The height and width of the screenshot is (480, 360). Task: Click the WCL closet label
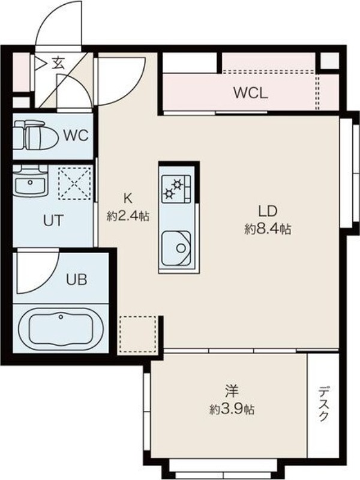click(251, 93)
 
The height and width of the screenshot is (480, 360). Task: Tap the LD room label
click(268, 211)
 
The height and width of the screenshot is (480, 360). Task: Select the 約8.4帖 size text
click(268, 229)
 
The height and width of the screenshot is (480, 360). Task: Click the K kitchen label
click(128, 199)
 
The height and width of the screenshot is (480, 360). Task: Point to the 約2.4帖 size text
click(128, 216)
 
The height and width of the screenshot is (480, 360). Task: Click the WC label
click(76, 136)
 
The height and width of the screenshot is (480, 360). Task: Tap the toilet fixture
click(36, 135)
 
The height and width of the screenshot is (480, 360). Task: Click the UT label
click(54, 220)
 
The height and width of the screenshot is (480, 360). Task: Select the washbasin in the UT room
click(30, 182)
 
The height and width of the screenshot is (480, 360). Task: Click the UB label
click(77, 279)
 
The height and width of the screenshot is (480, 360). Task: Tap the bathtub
click(61, 329)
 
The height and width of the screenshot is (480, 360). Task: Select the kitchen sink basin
click(176, 248)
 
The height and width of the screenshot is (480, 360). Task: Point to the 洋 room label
click(232, 391)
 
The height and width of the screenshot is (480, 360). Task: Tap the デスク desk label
click(323, 403)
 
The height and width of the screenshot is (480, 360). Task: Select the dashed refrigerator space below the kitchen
click(138, 334)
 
